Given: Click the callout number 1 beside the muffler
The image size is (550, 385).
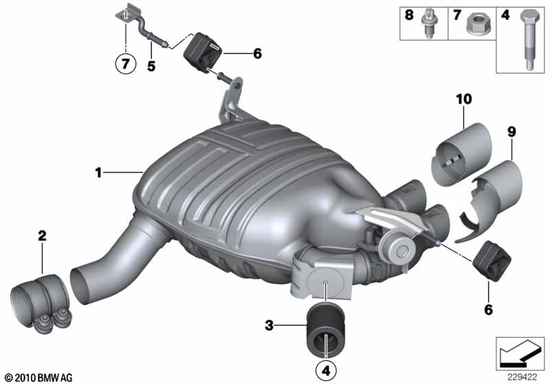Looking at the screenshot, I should coord(98,173).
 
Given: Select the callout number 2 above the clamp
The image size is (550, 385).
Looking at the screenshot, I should coord(42,236).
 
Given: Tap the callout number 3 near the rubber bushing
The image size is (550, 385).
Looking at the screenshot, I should coord(270,324).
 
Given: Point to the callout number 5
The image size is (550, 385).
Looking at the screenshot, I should coord(151,67).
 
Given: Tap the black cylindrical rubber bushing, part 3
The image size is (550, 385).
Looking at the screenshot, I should coord(326,329).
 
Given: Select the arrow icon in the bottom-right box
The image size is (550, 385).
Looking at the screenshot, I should coord(518,353).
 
